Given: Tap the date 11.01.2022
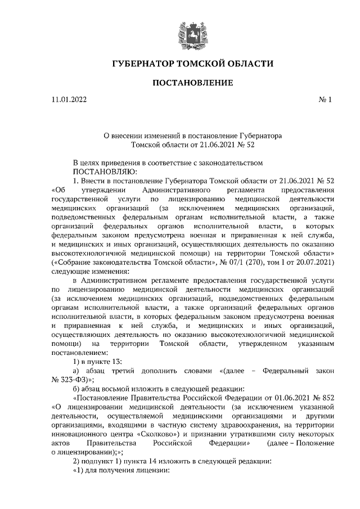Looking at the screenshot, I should pyautogui.click(x=69, y=100).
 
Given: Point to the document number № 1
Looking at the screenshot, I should pyautogui.click(x=326, y=100).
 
